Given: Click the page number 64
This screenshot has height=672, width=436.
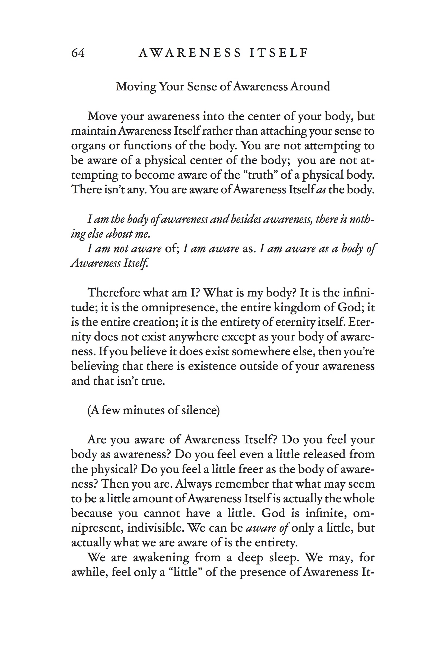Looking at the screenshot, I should [x=78, y=53].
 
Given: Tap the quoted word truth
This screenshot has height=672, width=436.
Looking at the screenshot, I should [x=260, y=175].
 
